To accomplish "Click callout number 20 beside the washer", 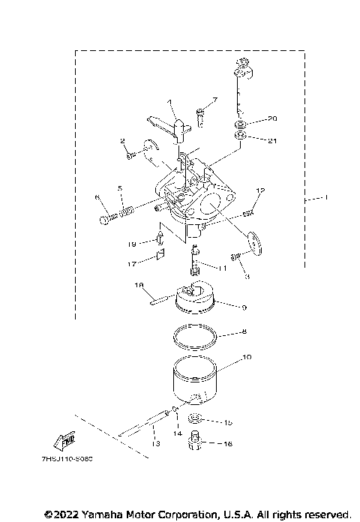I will pyautogui.click(x=273, y=118).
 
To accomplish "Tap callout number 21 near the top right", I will pyautogui.click(x=273, y=139).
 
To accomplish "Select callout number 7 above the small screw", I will pyautogui.click(x=214, y=100).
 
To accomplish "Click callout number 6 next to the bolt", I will pyautogui.click(x=97, y=197).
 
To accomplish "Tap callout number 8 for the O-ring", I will pyautogui.click(x=242, y=331).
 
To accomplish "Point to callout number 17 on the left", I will pyautogui.click(x=131, y=263).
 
